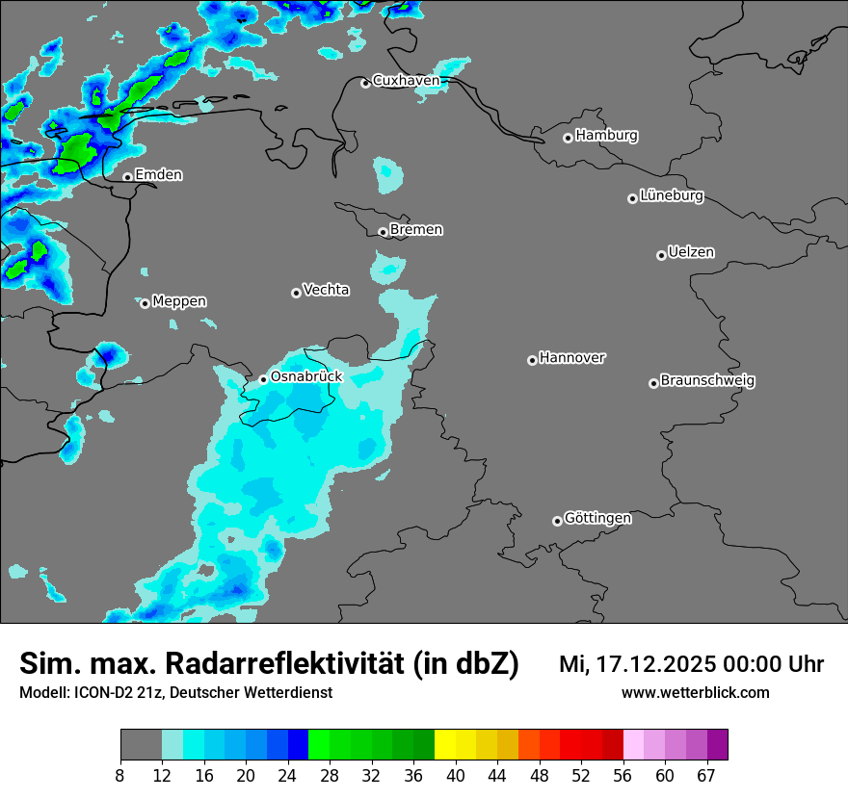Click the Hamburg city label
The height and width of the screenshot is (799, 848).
(x=606, y=136)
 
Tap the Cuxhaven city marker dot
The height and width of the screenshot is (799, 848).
(x=365, y=83)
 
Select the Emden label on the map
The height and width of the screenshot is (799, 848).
(x=158, y=175)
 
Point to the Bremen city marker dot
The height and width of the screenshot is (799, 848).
(x=383, y=232)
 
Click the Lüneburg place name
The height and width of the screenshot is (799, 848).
(x=672, y=196)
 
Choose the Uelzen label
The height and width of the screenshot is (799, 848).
(x=691, y=253)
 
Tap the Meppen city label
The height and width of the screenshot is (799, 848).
(x=179, y=302)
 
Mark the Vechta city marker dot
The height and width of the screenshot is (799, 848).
(x=296, y=293)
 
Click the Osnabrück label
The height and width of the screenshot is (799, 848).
(x=306, y=377)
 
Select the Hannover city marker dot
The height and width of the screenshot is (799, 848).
(x=532, y=360)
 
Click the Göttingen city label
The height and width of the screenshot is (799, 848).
(x=597, y=519)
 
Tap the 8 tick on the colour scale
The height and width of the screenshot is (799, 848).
(x=120, y=776)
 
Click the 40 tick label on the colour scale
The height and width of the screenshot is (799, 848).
(x=456, y=776)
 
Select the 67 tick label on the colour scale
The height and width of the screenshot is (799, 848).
(x=706, y=776)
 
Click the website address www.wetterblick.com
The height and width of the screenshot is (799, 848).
(x=695, y=693)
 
